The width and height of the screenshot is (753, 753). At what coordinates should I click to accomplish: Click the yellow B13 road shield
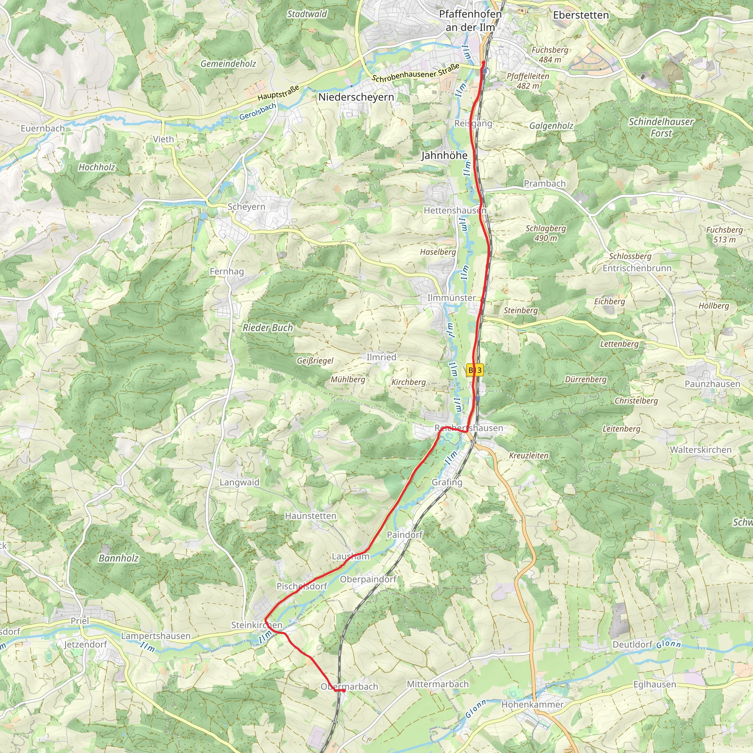click(475, 370)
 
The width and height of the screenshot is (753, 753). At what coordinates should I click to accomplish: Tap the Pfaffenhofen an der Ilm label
click(470, 21)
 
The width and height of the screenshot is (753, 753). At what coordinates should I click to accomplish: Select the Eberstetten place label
click(581, 15)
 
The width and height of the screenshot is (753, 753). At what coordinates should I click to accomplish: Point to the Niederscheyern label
click(356, 97)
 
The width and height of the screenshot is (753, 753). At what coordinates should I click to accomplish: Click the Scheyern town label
click(246, 207)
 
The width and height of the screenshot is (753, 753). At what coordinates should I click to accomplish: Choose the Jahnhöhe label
click(444, 156)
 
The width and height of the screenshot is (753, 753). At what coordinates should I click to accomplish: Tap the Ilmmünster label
click(452, 298)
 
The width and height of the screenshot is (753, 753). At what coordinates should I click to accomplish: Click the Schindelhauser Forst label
click(661, 128)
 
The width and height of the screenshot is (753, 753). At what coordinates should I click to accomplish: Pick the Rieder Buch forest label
click(268, 328)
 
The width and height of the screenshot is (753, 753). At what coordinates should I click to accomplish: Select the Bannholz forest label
click(118, 558)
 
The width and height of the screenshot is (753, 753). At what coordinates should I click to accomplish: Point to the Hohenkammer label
click(532, 705)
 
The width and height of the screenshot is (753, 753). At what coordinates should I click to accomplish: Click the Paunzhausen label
click(713, 384)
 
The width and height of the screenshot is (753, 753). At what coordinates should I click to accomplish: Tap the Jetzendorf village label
click(85, 645)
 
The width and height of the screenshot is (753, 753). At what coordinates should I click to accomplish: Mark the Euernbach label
click(43, 129)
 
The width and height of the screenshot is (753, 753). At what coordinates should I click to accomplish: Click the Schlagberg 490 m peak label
click(546, 233)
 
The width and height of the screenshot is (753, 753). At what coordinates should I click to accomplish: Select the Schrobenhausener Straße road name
click(415, 73)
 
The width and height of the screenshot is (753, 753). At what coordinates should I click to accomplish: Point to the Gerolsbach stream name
click(258, 111)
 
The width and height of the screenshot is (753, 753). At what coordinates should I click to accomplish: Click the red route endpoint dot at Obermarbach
click(343, 691)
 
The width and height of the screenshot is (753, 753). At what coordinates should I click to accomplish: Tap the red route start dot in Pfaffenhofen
click(483, 63)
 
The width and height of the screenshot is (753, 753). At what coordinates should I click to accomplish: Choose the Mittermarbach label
click(438, 684)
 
